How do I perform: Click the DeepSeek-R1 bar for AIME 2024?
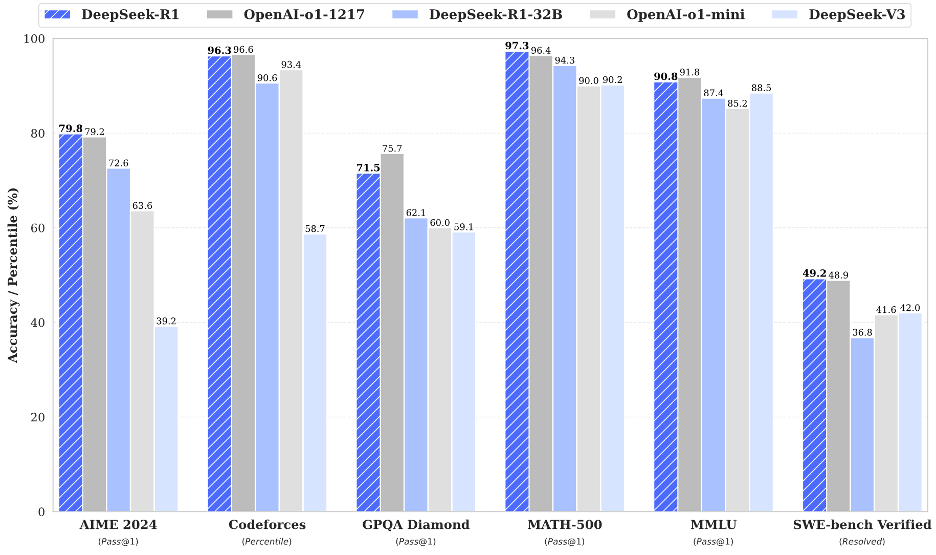tap(71, 323)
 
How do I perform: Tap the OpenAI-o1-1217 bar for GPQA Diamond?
tap(392, 333)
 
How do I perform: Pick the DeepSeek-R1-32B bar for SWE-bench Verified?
tap(862, 424)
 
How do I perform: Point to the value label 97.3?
tap(517, 46)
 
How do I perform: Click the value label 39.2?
tap(166, 322)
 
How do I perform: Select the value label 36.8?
tap(862, 333)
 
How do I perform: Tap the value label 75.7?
tap(392, 149)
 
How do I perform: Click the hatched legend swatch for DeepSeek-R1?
tap(57, 15)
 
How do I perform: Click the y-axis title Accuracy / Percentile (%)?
tap(13, 275)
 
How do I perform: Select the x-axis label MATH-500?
tap(565, 525)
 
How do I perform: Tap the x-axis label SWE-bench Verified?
tap(862, 525)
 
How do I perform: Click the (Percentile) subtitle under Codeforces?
tap(267, 542)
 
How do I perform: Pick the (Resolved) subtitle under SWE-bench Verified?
tap(862, 542)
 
